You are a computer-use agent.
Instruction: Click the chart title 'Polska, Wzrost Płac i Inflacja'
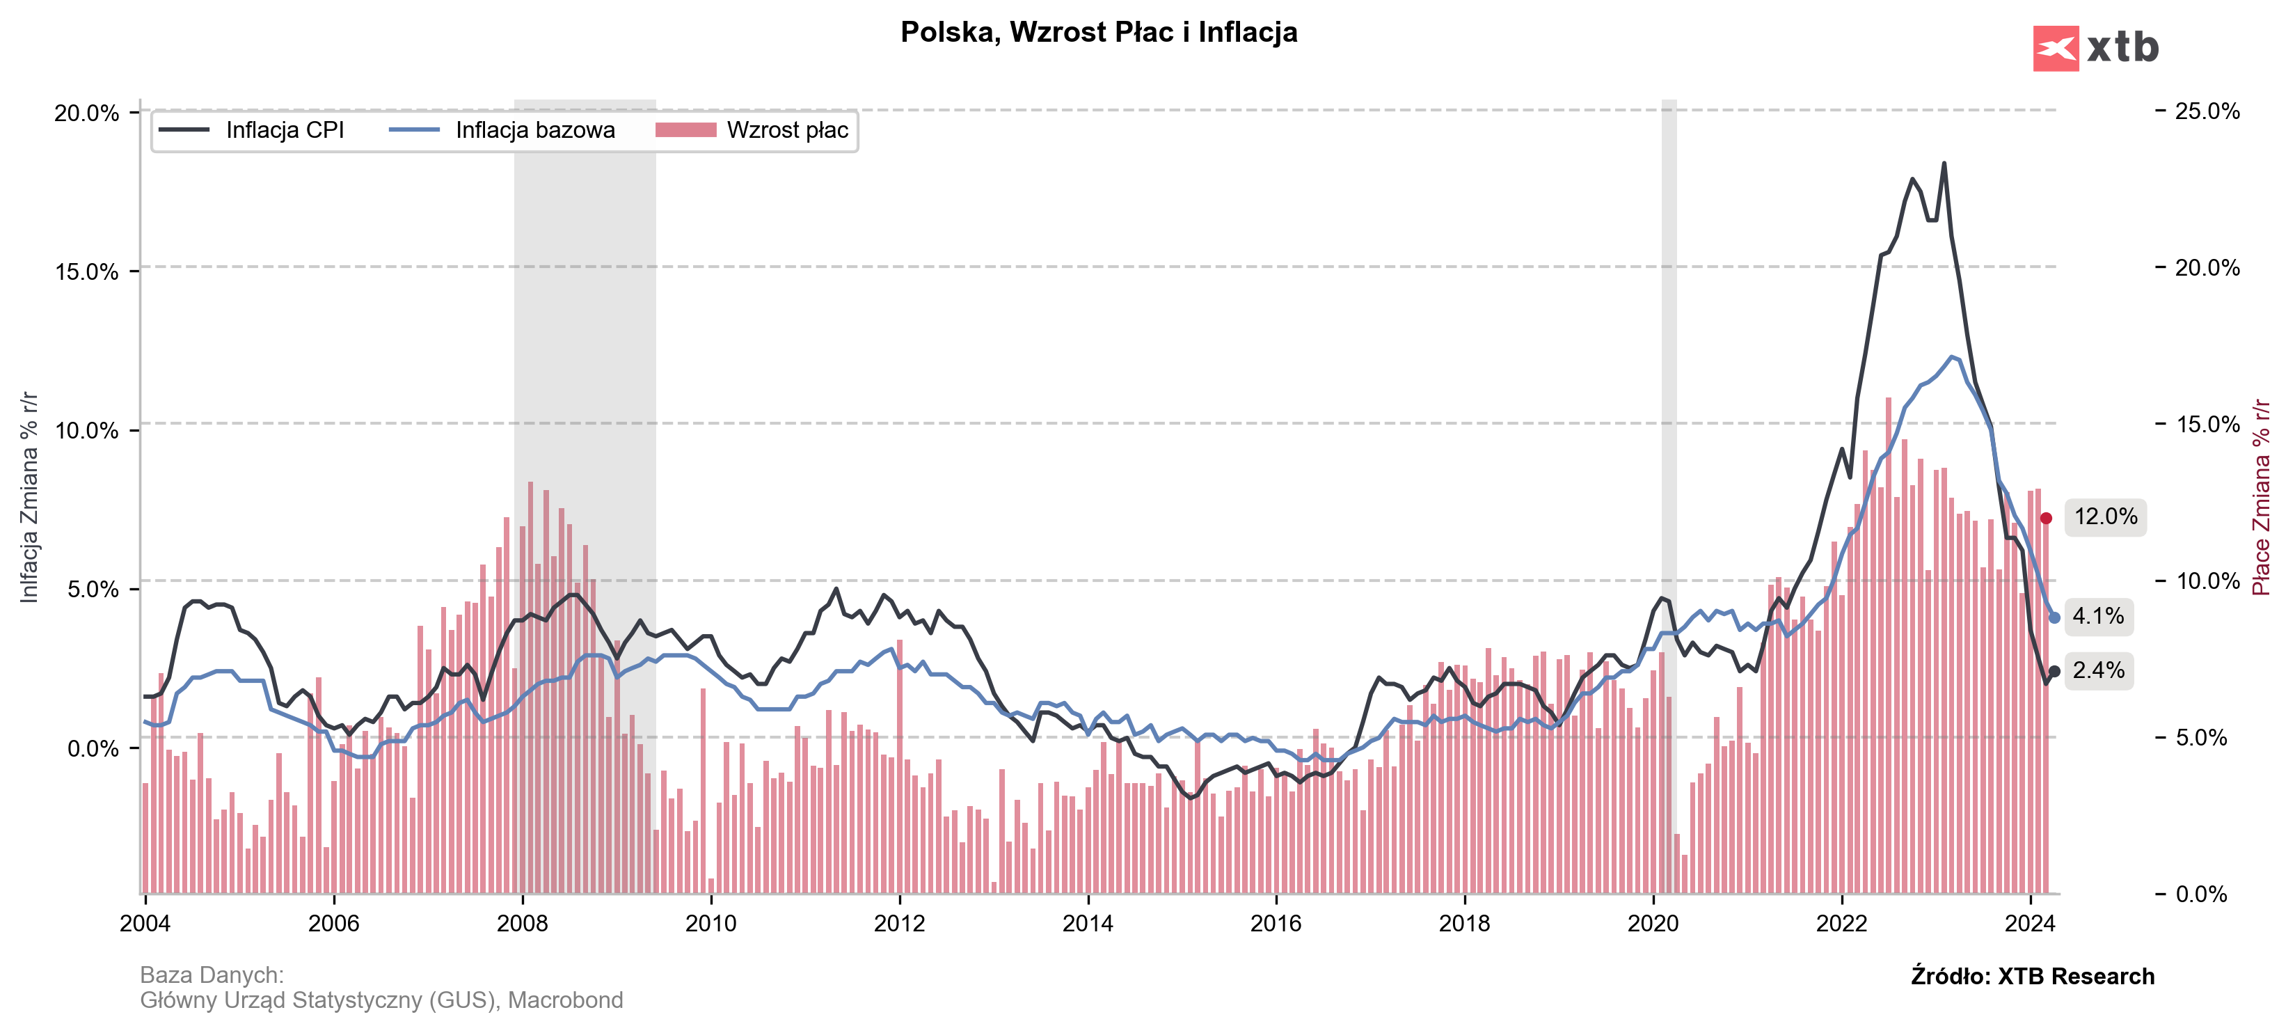[1099, 32]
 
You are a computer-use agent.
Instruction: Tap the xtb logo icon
[2056, 48]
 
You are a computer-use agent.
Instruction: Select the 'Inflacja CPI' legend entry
[284, 130]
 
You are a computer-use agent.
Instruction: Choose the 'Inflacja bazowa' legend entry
[534, 130]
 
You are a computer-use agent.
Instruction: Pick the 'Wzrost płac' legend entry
[786, 130]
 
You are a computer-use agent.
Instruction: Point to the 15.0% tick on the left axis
[86, 272]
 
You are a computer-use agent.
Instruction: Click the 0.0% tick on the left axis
[93, 748]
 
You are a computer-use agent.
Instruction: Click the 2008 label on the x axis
[522, 924]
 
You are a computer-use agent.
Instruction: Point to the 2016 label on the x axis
[1276, 924]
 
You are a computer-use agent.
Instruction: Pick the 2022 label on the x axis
[1841, 924]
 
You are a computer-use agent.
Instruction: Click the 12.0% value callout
[2105, 517]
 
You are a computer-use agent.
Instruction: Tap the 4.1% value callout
[2098, 616]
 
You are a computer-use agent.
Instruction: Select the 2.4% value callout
[2098, 670]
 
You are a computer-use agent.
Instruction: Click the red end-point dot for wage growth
[2047, 519]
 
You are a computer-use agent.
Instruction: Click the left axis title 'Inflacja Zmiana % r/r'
[29, 496]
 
